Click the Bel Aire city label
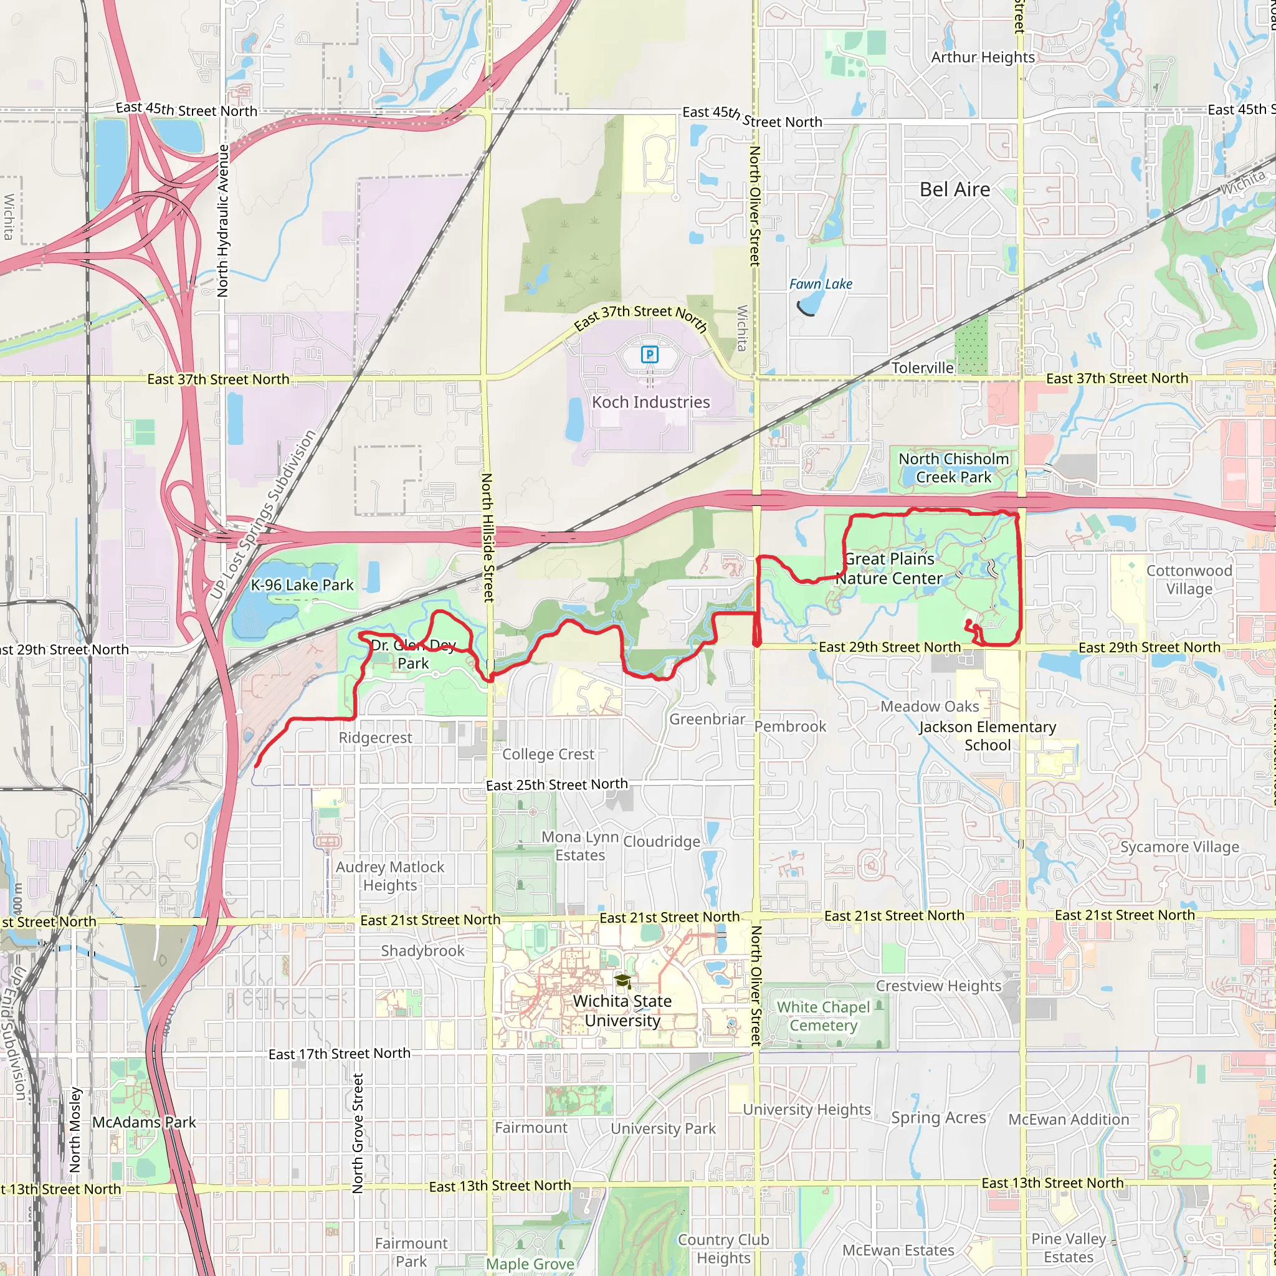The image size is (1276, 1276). click(955, 190)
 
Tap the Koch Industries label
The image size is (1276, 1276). click(650, 402)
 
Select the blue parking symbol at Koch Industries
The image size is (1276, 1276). click(650, 355)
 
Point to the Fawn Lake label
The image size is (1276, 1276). click(821, 284)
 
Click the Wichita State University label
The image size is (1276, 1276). click(622, 1011)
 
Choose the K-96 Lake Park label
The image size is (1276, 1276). click(302, 585)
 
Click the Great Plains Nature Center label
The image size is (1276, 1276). click(890, 569)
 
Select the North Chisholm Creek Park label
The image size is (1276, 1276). click(954, 468)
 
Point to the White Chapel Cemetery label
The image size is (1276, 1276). click(824, 1016)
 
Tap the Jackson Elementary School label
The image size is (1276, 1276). click(988, 736)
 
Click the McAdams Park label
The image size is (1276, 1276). click(144, 1122)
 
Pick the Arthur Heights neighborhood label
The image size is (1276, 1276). click(983, 57)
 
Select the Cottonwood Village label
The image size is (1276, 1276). click(1189, 580)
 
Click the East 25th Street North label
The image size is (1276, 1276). click(557, 784)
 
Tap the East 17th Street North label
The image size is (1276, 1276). click(340, 1054)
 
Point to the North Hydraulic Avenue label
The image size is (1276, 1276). click(223, 221)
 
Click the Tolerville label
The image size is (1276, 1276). click(923, 368)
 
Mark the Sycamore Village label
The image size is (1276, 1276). click(1179, 847)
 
